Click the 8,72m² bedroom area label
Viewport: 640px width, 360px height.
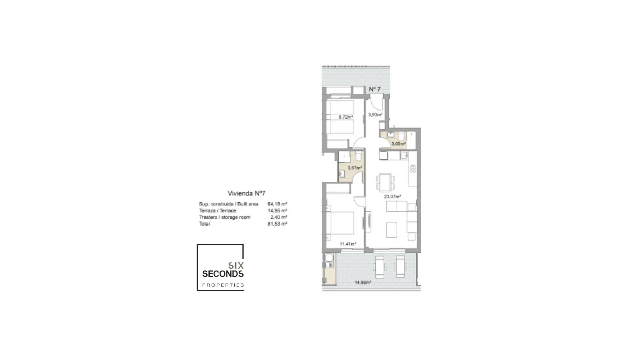[346, 117]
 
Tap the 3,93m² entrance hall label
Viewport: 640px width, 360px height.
[375, 115]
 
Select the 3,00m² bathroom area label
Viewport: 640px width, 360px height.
[398, 144]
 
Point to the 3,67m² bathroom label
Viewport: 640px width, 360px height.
[355, 168]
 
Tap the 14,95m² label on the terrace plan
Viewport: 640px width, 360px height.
[363, 283]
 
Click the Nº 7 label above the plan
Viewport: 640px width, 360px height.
[375, 89]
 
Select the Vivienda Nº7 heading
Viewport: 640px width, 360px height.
[246, 193]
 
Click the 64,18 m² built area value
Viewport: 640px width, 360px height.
[277, 204]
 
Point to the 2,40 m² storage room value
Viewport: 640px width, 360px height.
[279, 217]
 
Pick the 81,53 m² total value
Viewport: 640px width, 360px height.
[277, 224]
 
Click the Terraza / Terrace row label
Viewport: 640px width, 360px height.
[217, 211]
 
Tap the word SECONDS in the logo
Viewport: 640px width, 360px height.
[223, 274]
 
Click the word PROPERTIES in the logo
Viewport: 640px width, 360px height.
[223, 285]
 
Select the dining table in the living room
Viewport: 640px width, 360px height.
[385, 182]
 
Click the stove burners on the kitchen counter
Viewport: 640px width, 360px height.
[413, 169]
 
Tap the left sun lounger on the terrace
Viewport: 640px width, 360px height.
[380, 267]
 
